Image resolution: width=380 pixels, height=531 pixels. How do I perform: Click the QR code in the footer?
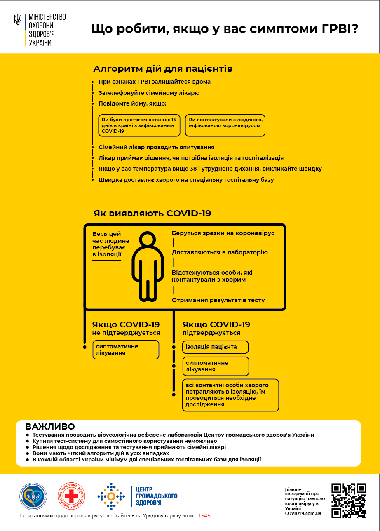[349, 500]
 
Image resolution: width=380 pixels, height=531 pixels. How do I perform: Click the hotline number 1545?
[204, 516]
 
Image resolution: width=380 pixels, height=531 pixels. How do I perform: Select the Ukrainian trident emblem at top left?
[18, 20]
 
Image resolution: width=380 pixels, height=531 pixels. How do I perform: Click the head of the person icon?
[147, 240]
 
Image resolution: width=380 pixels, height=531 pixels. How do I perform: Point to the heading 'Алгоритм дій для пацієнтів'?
[163, 68]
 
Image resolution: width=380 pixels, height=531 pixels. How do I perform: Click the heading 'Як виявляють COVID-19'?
[152, 213]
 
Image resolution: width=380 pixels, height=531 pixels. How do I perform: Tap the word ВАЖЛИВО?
[50, 426]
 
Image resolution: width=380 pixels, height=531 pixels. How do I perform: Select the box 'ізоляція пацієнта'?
[215, 347]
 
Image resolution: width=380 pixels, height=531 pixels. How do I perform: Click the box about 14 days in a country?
[141, 125]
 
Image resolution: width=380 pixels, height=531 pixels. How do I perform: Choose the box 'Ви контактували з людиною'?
[225, 125]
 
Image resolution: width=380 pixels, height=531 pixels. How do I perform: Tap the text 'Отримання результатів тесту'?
[218, 300]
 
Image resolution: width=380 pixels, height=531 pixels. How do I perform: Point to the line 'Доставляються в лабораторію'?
[220, 252]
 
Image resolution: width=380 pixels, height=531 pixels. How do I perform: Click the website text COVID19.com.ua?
[303, 513]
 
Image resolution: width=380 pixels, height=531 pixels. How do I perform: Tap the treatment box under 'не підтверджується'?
[125, 350]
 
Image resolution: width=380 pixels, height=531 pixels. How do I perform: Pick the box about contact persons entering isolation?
[230, 395]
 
